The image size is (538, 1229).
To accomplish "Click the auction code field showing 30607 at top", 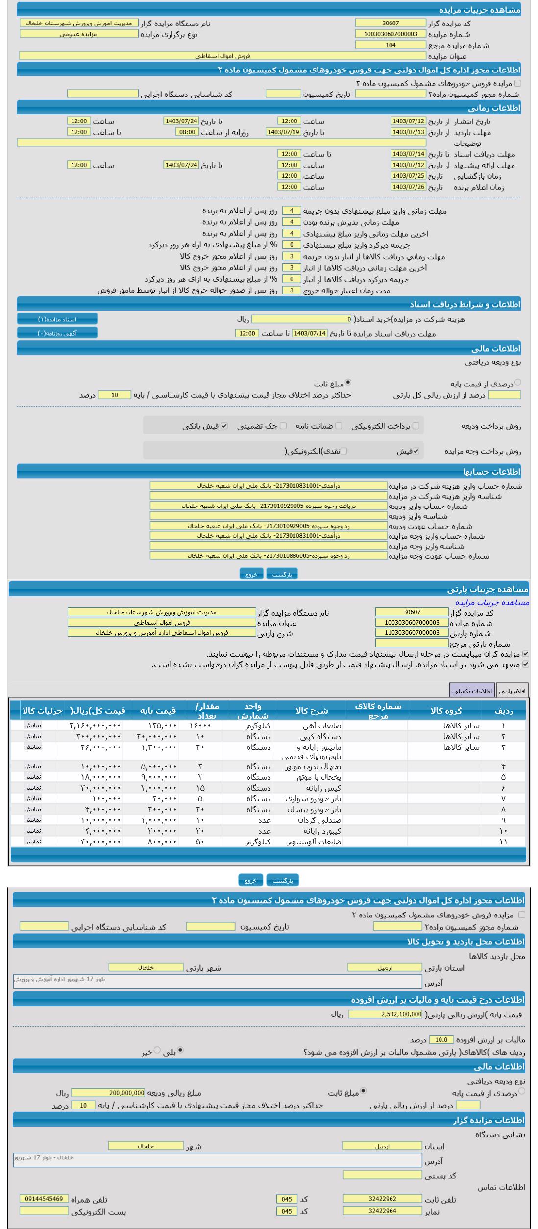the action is [390, 23].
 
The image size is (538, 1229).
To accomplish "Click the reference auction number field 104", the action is [390, 45].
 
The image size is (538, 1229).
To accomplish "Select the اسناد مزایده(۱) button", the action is [57, 319].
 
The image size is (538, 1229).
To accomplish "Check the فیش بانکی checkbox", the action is [224, 426].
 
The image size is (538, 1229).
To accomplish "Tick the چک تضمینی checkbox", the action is [283, 426].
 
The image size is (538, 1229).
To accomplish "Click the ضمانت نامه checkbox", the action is [339, 426].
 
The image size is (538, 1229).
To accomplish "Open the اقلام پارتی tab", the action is [512, 691].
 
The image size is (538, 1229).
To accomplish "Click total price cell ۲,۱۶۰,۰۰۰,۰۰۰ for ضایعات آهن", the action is [95, 726].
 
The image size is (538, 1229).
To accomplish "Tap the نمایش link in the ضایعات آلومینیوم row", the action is [33, 842].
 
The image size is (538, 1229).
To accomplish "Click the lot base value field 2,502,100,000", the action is [386, 1014].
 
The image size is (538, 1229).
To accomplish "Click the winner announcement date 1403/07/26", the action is [408, 187].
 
